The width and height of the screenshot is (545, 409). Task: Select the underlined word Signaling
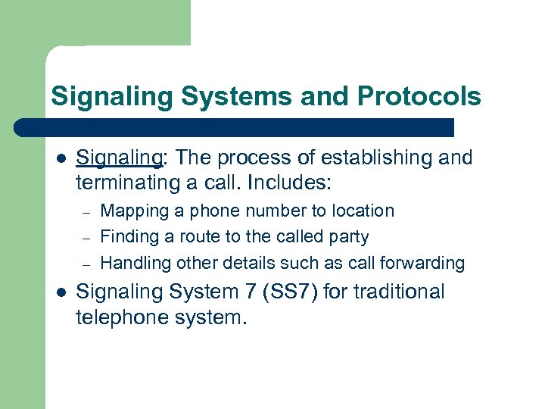120,158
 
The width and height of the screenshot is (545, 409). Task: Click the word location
360,211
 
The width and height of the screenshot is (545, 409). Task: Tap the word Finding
127,237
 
